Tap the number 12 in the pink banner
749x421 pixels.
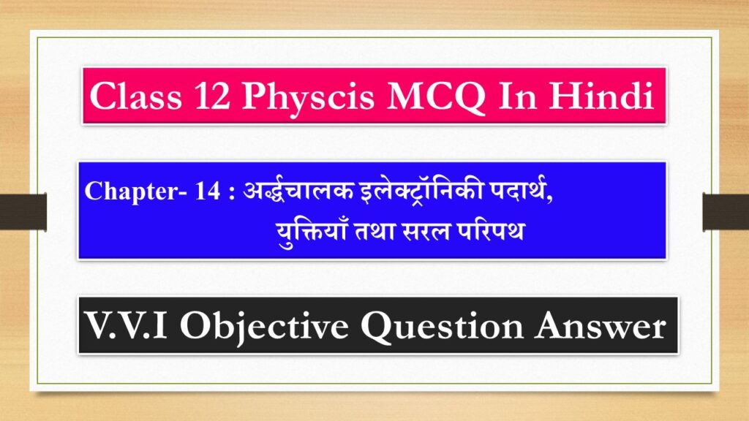(x=211, y=98)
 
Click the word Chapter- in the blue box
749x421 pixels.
(x=120, y=191)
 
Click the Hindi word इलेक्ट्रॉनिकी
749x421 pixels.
(x=373, y=191)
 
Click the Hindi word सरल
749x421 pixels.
(x=424, y=232)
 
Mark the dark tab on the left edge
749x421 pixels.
(x=23, y=211)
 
